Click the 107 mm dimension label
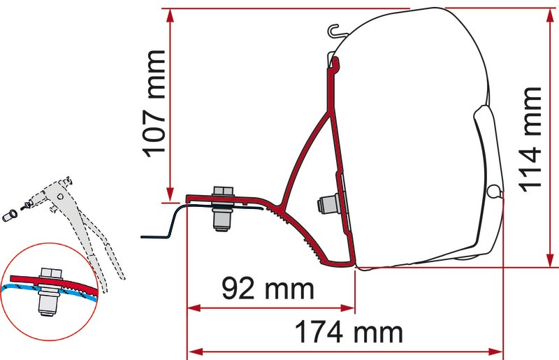pos(154,104)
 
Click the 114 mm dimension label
pos(530,139)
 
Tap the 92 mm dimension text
pos(268,289)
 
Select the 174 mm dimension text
pos(349,332)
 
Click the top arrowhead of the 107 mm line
pos(170,15)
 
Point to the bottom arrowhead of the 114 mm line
pos(550,259)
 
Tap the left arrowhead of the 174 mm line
pos(195,352)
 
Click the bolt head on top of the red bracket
pos(223,191)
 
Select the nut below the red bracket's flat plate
pos(222,218)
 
